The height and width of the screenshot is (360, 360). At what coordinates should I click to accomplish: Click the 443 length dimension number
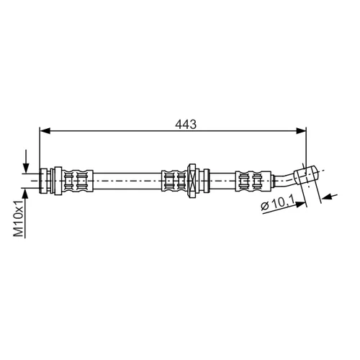coord(186,125)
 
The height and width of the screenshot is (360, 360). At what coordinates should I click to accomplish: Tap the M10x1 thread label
coord(19,219)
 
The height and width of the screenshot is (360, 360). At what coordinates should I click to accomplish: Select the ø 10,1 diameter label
coord(278,204)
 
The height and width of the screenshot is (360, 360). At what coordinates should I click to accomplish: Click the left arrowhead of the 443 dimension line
coord(45,131)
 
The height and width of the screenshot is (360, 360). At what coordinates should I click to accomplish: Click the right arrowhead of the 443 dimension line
coord(301,131)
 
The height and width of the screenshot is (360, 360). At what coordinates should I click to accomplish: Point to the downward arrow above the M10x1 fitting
coord(26,161)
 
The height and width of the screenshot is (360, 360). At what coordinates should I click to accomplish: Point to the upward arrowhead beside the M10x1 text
coord(26,194)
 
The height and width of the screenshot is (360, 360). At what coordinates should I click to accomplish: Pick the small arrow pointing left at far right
coord(330,197)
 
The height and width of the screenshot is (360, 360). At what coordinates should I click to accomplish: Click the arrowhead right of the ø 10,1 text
coord(302,204)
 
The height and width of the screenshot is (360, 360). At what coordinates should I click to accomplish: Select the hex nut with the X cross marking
coord(192,181)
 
